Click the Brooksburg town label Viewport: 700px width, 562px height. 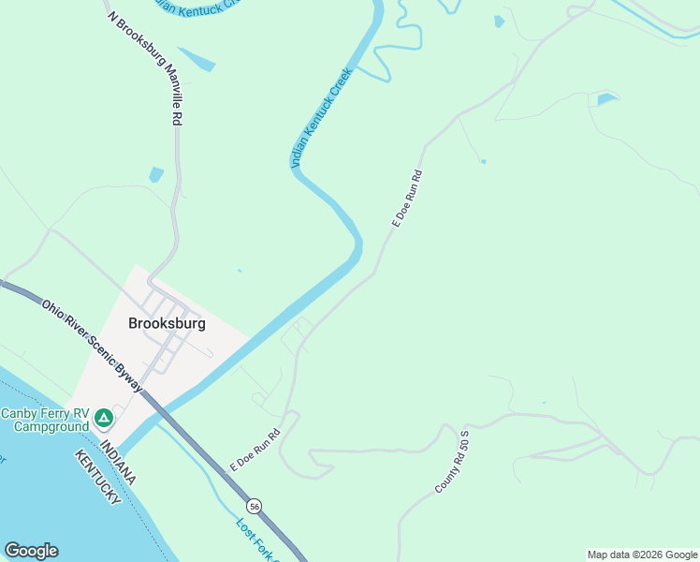coord(167,323)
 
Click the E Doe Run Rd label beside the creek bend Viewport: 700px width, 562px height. coord(408,199)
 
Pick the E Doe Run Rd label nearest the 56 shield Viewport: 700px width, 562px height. coord(255,450)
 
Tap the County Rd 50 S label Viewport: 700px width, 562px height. coord(451,462)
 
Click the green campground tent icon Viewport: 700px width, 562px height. coord(104,416)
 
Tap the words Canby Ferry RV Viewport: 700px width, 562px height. coord(42,414)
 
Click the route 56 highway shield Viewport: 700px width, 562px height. coord(255,506)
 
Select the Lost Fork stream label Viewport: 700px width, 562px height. coord(252,539)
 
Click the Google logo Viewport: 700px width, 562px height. coord(31,551)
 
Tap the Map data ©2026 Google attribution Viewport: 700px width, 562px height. coord(642,555)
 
